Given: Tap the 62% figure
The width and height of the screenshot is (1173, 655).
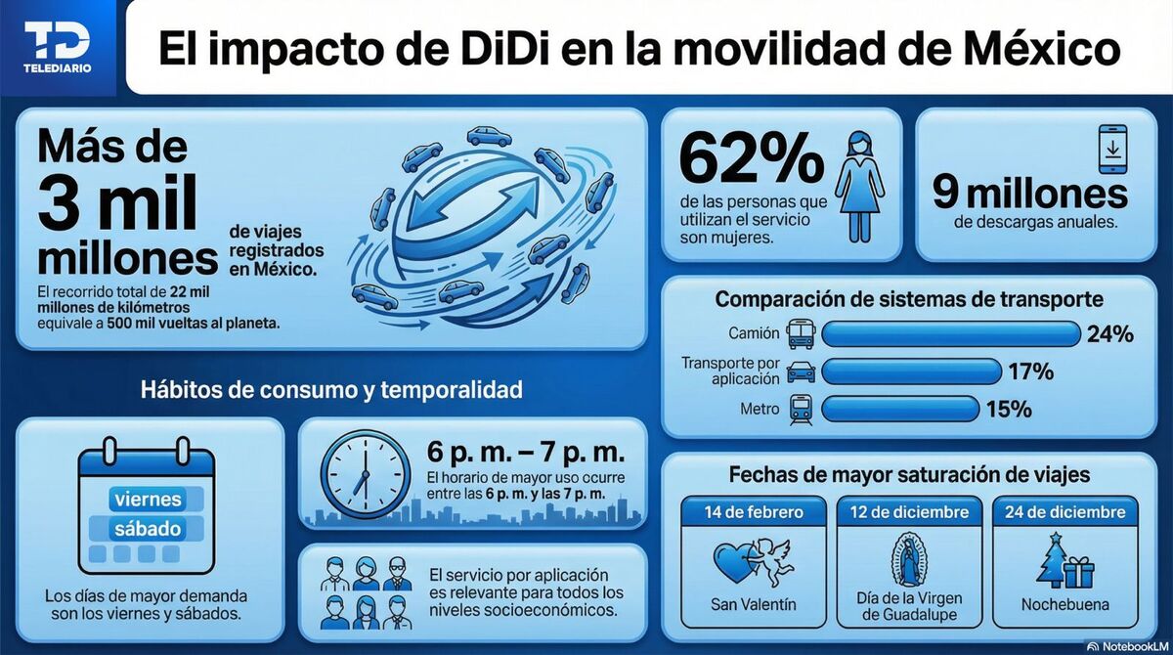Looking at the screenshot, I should tap(738, 160).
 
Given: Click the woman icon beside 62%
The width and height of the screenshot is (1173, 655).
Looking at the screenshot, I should tap(859, 186).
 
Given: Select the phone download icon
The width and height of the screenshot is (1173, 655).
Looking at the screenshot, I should tap(1111, 150).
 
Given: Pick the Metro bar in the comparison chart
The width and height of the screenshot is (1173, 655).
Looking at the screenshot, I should tap(900, 409).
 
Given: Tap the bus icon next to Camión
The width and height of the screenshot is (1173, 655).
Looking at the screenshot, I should tap(801, 333).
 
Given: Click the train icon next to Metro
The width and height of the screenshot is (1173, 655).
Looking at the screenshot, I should tap(800, 409).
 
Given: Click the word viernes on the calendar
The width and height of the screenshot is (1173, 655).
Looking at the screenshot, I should tap(149, 499).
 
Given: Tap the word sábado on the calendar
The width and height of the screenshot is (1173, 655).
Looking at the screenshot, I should tap(149, 529).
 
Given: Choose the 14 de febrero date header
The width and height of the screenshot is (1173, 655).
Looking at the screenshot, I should tap(754, 512).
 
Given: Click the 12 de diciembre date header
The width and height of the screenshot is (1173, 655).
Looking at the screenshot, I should tap(909, 512).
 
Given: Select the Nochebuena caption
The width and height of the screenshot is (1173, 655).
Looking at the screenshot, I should tap(1065, 604).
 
